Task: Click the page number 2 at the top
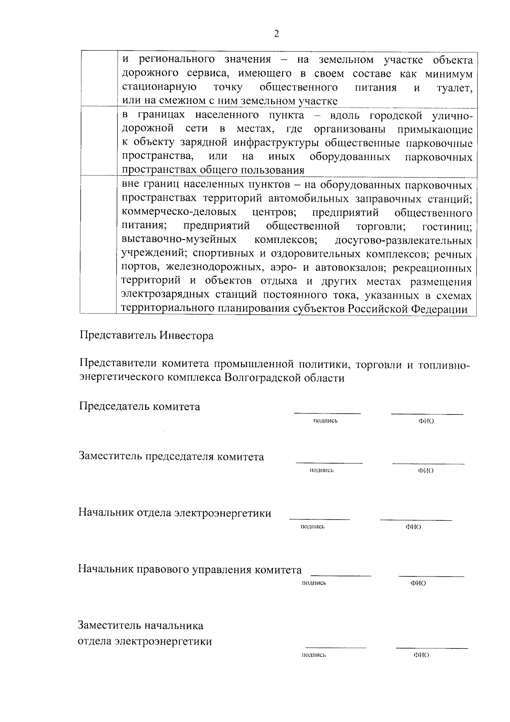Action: tap(277, 34)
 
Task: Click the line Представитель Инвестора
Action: tap(146, 336)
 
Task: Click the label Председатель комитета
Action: tap(139, 406)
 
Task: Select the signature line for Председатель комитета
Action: tap(327, 413)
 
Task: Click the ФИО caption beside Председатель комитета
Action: tap(426, 421)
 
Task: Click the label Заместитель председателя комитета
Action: tap(171, 457)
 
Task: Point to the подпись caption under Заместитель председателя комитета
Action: tap(322, 470)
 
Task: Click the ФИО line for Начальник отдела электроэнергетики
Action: tap(416, 519)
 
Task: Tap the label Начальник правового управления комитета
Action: tap(190, 569)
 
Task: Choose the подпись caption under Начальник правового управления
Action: tap(314, 583)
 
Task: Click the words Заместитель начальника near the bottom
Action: tap(141, 625)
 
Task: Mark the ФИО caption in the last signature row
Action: tap(421, 655)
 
